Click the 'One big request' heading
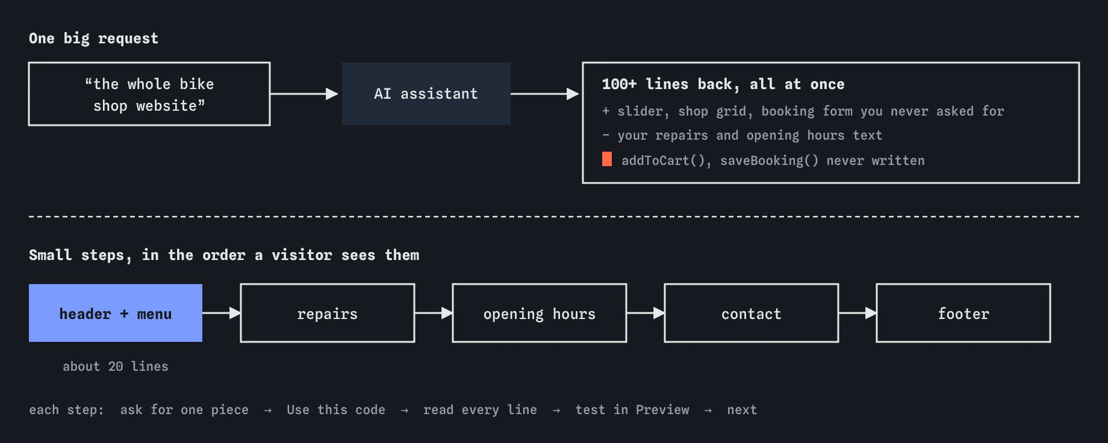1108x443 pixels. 93,39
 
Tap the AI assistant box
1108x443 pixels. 426,94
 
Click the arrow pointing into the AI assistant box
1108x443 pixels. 304,94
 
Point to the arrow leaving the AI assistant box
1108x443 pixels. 545,94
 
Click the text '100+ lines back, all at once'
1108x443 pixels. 723,84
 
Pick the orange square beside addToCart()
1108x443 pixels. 607,159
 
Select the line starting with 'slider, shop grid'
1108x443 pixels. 803,111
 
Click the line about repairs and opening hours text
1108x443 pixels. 742,135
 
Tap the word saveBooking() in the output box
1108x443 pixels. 770,161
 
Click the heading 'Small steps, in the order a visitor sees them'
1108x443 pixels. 224,255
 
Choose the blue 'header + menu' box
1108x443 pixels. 116,313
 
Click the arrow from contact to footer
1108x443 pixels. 857,313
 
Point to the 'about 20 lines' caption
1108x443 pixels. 116,367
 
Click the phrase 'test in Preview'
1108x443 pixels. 632,410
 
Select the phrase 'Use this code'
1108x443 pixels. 336,410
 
